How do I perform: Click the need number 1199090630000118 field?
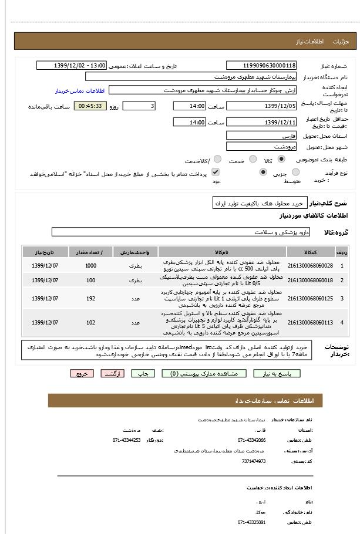click(261, 65)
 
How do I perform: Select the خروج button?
click(82, 373)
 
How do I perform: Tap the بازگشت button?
click(113, 373)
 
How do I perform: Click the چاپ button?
click(143, 373)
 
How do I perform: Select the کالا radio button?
click(281, 159)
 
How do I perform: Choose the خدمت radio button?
click(253, 159)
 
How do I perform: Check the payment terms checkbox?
click(216, 172)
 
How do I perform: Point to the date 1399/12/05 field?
click(261, 106)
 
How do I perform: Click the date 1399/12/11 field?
click(261, 122)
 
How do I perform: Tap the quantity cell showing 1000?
click(90, 266)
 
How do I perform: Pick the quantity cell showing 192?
click(90, 299)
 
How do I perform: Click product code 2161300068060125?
click(311, 299)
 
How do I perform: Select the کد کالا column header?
click(311, 252)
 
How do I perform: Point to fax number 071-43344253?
click(127, 440)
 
